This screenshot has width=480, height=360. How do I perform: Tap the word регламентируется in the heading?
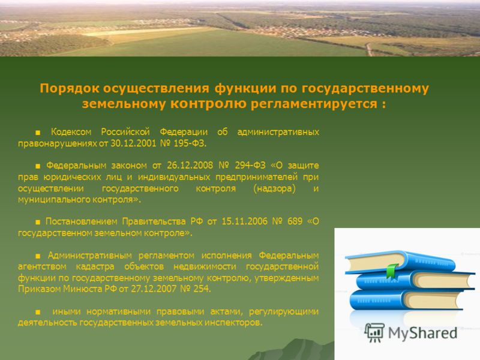pos(314,104)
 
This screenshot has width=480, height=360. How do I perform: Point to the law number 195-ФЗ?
pos(190,143)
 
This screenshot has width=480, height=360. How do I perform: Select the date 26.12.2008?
pos(190,166)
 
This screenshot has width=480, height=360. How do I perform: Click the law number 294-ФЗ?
pos(250,166)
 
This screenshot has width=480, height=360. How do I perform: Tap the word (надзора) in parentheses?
pos(274,188)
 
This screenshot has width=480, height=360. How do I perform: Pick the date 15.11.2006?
pos(244,221)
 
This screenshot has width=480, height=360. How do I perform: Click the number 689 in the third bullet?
pos(295,221)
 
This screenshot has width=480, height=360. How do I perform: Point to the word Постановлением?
pos(82,221)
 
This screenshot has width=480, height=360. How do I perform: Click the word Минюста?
pos(82,289)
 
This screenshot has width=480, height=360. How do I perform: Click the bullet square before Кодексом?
pos(38,133)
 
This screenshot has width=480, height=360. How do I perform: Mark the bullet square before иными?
pos(38,312)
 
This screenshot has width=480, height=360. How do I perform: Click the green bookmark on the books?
pos(392,271)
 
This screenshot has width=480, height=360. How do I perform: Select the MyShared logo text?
pos(422,333)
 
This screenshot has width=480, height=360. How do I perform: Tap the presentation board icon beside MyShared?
pos(374,332)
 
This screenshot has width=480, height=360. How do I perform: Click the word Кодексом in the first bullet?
pos(71,132)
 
